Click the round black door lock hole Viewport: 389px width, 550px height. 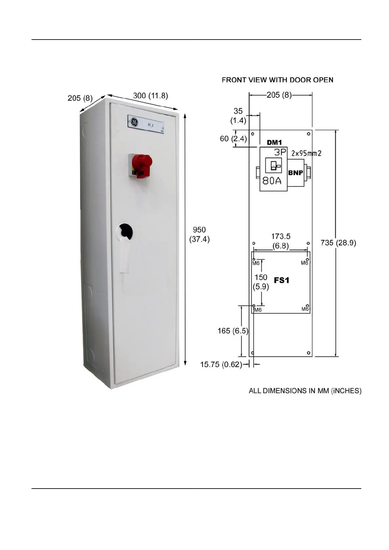[126, 231]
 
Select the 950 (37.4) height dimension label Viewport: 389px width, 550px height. [199, 234]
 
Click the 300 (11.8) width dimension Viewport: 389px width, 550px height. [150, 95]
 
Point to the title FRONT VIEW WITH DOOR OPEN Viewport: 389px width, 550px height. [277, 80]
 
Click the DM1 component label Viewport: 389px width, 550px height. [274, 142]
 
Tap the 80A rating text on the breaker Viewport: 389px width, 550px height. [272, 180]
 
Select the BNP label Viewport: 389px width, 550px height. [296, 173]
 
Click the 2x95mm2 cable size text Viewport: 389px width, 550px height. [307, 153]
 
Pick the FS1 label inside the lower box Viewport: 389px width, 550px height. [281, 280]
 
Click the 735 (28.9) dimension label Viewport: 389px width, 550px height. [338, 242]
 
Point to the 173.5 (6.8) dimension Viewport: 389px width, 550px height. [281, 241]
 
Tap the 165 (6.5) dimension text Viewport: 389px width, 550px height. [233, 331]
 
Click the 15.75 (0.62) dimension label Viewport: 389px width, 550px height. [221, 364]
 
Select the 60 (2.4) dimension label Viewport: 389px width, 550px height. [233, 139]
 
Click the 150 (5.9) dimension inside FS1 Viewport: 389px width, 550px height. [261, 282]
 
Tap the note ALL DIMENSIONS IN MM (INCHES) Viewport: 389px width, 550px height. [305, 391]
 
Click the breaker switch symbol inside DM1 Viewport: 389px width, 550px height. [273, 166]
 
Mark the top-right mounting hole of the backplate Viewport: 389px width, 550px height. [309, 133]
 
